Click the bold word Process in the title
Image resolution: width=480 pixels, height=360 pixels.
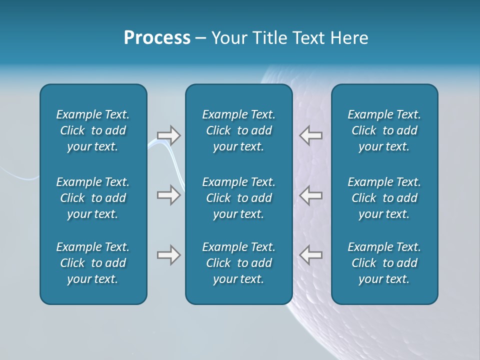point(157,38)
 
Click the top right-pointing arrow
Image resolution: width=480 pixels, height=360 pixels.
point(168,135)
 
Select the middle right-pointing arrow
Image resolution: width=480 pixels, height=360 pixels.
point(168,195)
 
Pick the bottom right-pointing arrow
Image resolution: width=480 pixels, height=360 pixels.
point(168,255)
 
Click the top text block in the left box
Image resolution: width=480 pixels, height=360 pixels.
point(93,130)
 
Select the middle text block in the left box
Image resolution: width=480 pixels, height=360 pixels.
point(93,198)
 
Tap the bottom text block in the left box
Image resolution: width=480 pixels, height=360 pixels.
point(93,263)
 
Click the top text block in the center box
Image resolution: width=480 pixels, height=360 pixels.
point(239,130)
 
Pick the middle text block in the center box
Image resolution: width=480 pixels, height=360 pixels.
point(239,198)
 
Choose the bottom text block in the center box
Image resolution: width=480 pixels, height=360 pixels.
point(239,263)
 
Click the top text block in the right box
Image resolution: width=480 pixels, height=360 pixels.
point(384,130)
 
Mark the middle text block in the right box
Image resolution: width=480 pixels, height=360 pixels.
point(384,198)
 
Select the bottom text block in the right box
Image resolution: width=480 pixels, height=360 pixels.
point(384,263)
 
